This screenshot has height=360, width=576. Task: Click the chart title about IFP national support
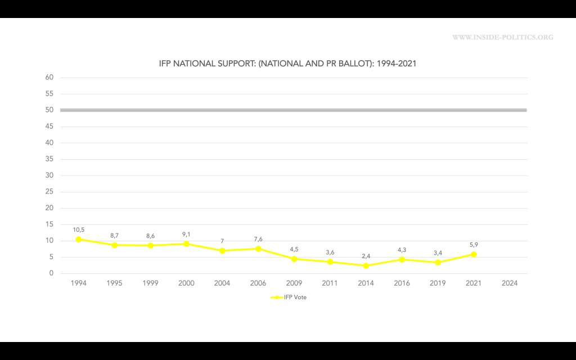click(x=287, y=64)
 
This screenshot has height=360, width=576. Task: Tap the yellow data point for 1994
click(x=79, y=239)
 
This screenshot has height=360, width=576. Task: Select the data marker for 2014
click(x=366, y=265)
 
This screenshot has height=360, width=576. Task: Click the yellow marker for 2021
click(x=474, y=254)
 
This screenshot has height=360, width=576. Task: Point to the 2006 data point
click(x=258, y=249)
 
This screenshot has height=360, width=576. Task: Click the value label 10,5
click(x=79, y=229)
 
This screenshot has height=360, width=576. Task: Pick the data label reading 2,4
click(x=366, y=256)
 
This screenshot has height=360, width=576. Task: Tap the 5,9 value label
click(x=474, y=245)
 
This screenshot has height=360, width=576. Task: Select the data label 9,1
click(x=186, y=234)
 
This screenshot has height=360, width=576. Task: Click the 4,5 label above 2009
click(x=294, y=249)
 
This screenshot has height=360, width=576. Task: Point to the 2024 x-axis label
click(x=509, y=283)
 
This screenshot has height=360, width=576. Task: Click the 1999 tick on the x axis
click(x=151, y=283)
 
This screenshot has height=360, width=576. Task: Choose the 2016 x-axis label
click(x=402, y=283)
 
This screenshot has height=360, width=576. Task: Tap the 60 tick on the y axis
click(x=49, y=78)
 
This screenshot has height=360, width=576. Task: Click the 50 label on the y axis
click(x=49, y=110)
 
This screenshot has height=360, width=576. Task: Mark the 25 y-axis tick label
click(x=49, y=192)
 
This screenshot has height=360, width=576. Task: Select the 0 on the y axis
click(x=51, y=273)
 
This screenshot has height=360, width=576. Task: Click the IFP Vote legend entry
click(x=289, y=298)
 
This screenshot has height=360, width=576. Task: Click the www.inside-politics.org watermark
click(x=503, y=38)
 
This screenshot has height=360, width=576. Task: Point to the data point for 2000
click(x=186, y=244)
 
